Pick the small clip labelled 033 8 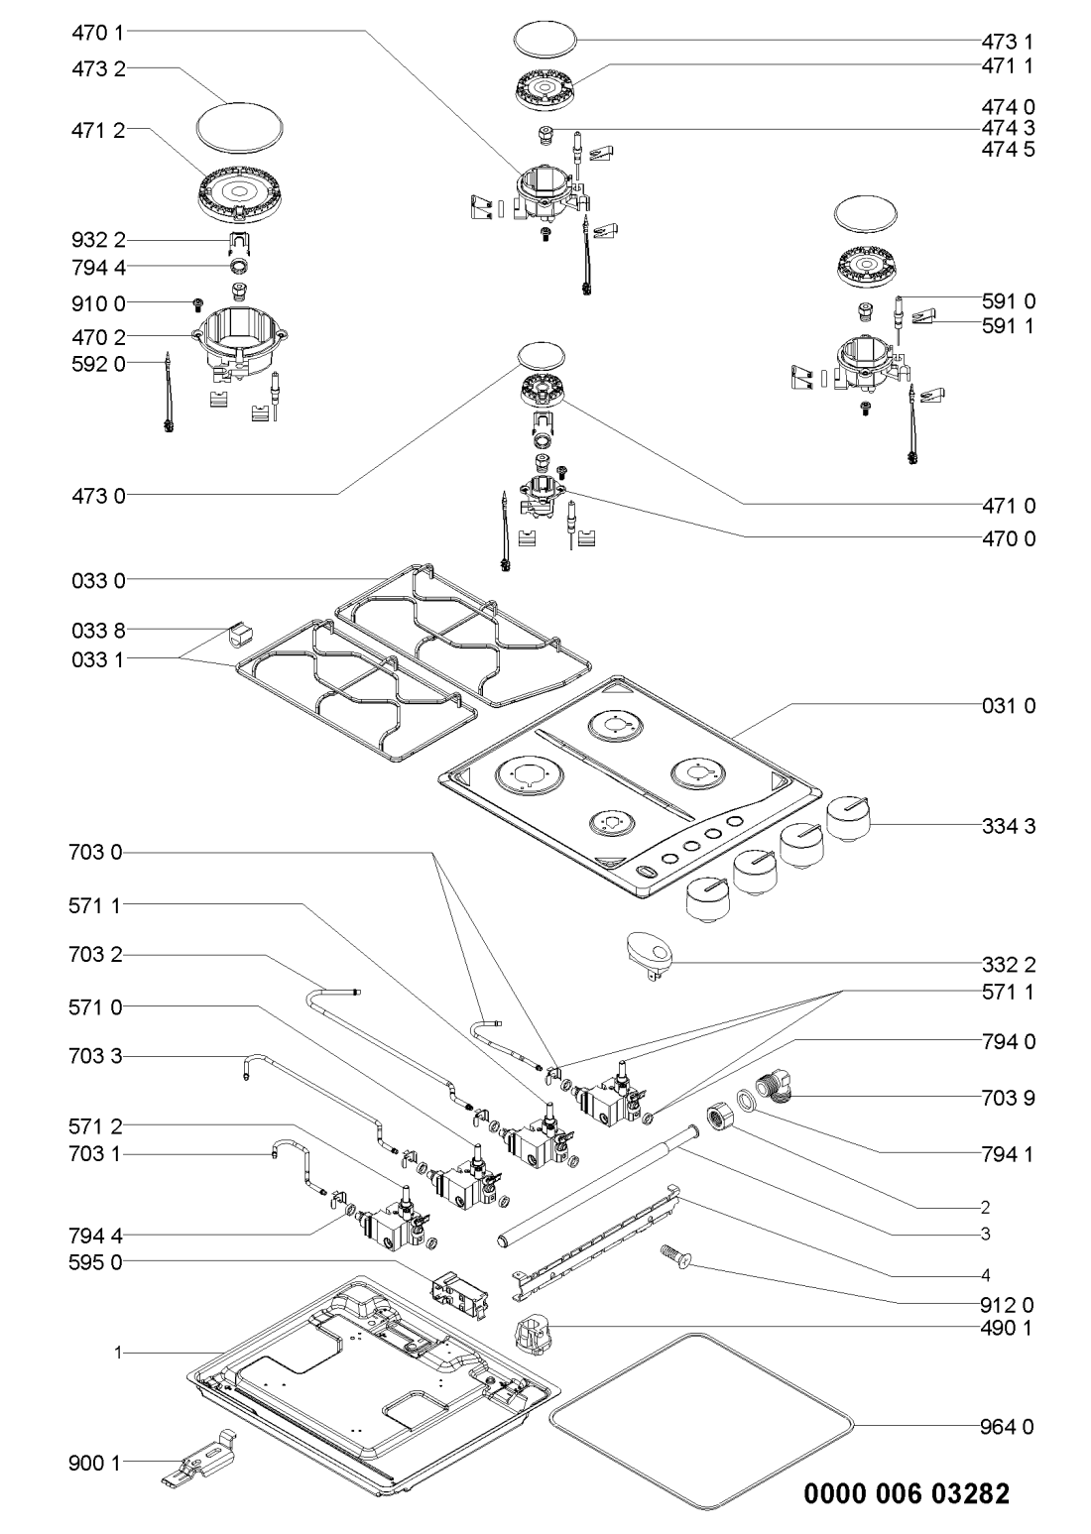tap(239, 633)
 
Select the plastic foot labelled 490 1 tap(534, 1331)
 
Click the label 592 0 tap(98, 364)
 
